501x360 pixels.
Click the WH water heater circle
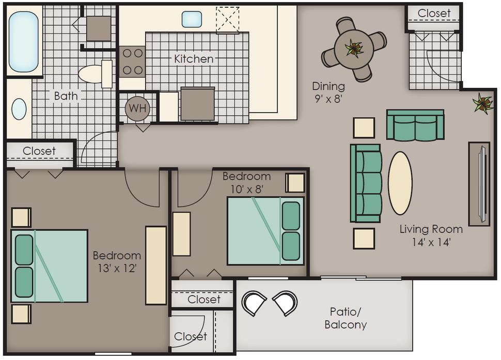137,108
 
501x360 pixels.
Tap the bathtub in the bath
24,41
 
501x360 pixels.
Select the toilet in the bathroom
95,74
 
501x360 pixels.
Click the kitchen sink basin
192,19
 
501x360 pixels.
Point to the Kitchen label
194,59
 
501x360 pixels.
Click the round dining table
354,49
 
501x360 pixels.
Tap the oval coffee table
400,183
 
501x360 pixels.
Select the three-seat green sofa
366,183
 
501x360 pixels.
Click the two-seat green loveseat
415,125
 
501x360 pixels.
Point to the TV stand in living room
479,184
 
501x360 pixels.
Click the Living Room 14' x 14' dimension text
431,236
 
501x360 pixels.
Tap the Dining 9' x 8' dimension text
328,92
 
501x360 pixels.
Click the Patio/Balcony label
346,318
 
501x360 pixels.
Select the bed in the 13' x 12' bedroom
50,266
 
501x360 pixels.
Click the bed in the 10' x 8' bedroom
265,231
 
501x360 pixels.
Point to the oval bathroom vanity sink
19,109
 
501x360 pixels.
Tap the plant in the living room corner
483,103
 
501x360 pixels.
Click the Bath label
66,96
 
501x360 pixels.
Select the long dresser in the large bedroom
156,265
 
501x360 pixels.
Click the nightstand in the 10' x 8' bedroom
295,183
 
